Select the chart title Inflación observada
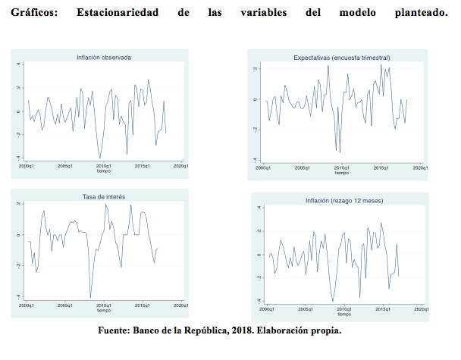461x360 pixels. coord(104,57)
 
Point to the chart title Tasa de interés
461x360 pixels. coord(103,196)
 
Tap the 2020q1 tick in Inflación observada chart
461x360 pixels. coord(180,165)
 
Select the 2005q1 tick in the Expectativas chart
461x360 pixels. coord(302,167)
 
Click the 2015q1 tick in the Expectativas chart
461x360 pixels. coord(381,167)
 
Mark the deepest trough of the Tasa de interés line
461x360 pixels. coord(90,298)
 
